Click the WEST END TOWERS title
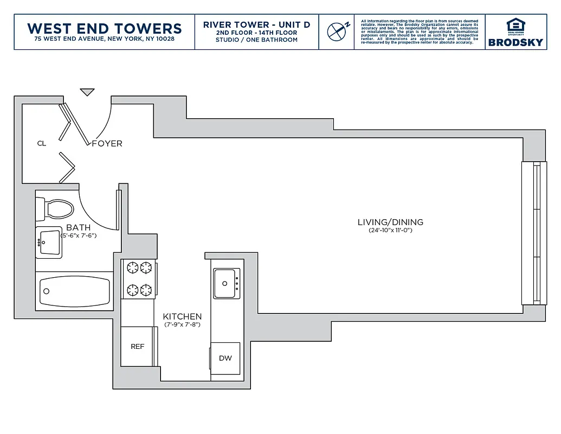(x=104, y=28)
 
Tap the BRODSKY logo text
(x=515, y=42)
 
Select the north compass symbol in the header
(x=338, y=31)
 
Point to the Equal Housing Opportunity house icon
(x=515, y=25)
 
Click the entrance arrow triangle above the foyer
(x=87, y=92)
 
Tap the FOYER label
(x=107, y=144)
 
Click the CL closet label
(x=42, y=144)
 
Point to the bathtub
(x=74, y=291)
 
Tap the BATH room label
(x=78, y=228)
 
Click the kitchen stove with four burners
(x=139, y=278)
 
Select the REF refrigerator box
(x=138, y=346)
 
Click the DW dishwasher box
(x=225, y=358)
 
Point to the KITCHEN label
(x=182, y=317)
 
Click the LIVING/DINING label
(x=390, y=222)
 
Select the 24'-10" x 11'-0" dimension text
(x=390, y=231)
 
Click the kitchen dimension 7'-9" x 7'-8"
(x=182, y=325)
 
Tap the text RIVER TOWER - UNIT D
(x=256, y=25)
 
